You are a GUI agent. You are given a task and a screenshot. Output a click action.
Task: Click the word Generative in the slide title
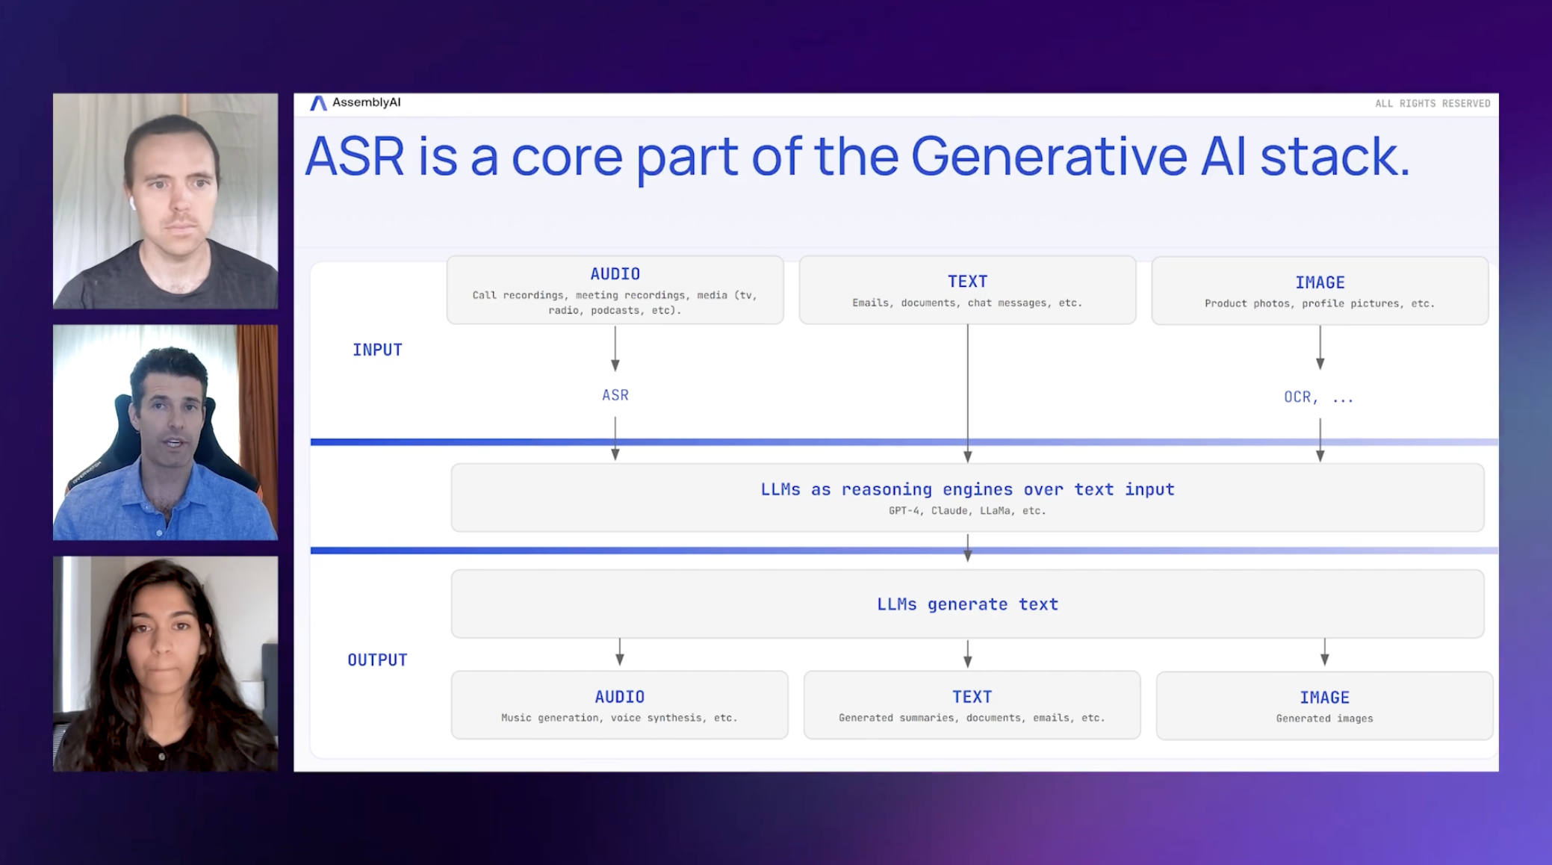click(x=1048, y=157)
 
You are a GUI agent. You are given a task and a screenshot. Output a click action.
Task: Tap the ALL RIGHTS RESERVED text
click(x=1432, y=104)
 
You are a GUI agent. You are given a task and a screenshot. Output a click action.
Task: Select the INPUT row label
click(x=377, y=350)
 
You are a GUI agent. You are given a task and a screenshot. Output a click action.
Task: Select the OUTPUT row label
click(x=377, y=660)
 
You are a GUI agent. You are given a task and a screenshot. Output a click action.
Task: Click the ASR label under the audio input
click(x=615, y=395)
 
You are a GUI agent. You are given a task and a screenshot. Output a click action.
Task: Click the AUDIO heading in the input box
click(x=615, y=274)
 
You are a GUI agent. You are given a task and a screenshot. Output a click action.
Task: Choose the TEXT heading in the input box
click(x=967, y=282)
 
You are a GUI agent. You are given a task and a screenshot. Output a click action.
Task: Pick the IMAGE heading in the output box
click(x=1323, y=697)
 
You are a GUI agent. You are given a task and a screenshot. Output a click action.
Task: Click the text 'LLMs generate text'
click(x=967, y=604)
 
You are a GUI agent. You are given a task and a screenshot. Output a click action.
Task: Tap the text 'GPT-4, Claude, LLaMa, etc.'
click(x=967, y=511)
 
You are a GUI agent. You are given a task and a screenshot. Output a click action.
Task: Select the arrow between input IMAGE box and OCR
click(x=1320, y=348)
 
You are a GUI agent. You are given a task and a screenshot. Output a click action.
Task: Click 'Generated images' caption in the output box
click(x=1323, y=719)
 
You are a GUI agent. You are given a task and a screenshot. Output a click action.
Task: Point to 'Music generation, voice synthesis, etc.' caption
click(x=618, y=718)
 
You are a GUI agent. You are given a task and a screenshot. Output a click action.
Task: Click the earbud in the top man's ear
click(x=131, y=202)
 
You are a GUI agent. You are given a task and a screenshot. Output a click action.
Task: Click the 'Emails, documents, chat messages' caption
click(x=966, y=303)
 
